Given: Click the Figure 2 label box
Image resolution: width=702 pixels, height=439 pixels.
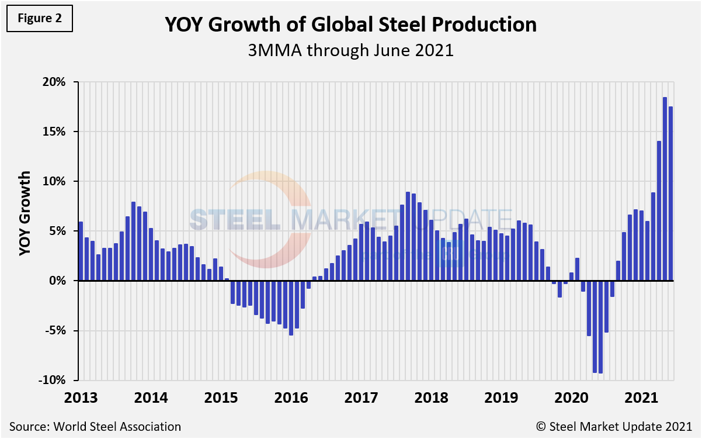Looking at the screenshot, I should pyautogui.click(x=40, y=18).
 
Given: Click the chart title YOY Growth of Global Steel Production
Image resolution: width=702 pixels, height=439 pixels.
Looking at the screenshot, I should pyautogui.click(x=350, y=25).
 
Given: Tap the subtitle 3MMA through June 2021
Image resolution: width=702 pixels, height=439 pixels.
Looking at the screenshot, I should pyautogui.click(x=350, y=50).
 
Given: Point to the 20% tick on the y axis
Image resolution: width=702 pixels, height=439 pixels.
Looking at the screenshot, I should pyautogui.click(x=54, y=82).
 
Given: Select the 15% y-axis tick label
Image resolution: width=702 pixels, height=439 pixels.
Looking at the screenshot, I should pyautogui.click(x=54, y=132).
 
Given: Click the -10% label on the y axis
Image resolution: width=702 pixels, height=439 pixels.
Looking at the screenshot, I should pyautogui.click(x=53, y=380).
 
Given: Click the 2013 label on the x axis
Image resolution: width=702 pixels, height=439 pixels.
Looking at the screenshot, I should pyautogui.click(x=81, y=397).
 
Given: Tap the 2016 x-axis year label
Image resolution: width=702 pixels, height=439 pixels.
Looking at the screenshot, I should pyautogui.click(x=291, y=397).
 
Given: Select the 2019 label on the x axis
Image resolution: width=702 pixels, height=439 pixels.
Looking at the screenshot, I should pyautogui.click(x=501, y=397).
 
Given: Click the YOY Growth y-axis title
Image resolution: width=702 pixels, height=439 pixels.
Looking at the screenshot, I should pyautogui.click(x=25, y=213).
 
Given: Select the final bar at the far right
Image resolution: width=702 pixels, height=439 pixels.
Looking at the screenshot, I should pyautogui.click(x=670, y=193).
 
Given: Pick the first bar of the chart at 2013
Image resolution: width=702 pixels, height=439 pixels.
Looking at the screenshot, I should pyautogui.click(x=81, y=251).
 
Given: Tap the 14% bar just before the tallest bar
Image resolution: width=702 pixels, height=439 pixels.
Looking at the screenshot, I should pyautogui.click(x=659, y=210).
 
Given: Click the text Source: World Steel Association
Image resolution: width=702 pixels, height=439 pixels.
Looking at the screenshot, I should pyautogui.click(x=95, y=426).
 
